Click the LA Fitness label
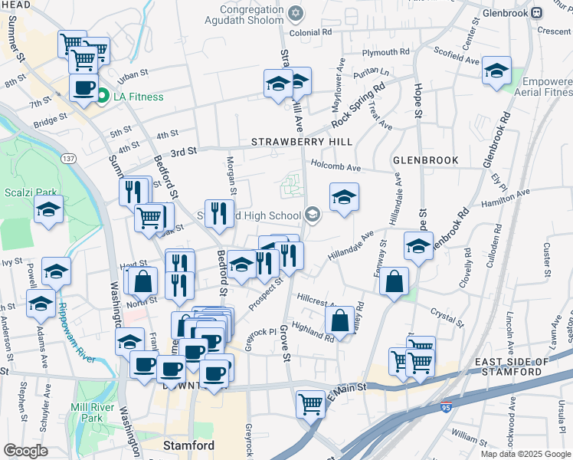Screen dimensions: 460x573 click(x=139, y=97)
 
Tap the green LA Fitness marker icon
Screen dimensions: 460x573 click(x=102, y=96)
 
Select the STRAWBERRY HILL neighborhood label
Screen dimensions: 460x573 click(x=302, y=142)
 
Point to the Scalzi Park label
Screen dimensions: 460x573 click(x=25, y=192)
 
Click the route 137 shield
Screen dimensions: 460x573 click(x=69, y=158)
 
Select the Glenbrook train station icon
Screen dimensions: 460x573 click(x=537, y=12)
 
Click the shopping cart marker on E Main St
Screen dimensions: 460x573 click(x=310, y=401)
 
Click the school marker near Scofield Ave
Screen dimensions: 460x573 click(x=496, y=71)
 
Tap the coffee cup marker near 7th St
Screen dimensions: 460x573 click(x=83, y=87)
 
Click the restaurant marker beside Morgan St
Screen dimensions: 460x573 click(x=219, y=214)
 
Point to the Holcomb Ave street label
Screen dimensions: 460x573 click(x=335, y=166)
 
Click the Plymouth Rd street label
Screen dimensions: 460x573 click(x=386, y=53)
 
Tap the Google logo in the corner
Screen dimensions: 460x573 click(x=25, y=451)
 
